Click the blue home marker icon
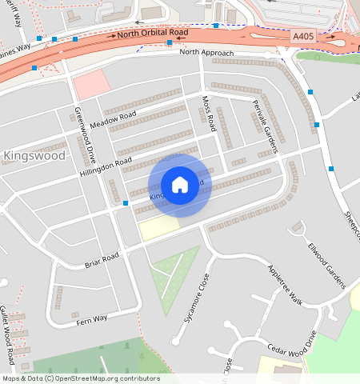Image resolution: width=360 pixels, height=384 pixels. tap(180, 185)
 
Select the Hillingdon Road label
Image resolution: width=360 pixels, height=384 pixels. tap(106, 167)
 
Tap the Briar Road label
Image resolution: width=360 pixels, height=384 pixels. tap(102, 260)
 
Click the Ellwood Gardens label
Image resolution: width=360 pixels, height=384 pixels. tap(328, 265)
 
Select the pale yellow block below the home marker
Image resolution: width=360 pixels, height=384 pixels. tap(158, 229)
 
